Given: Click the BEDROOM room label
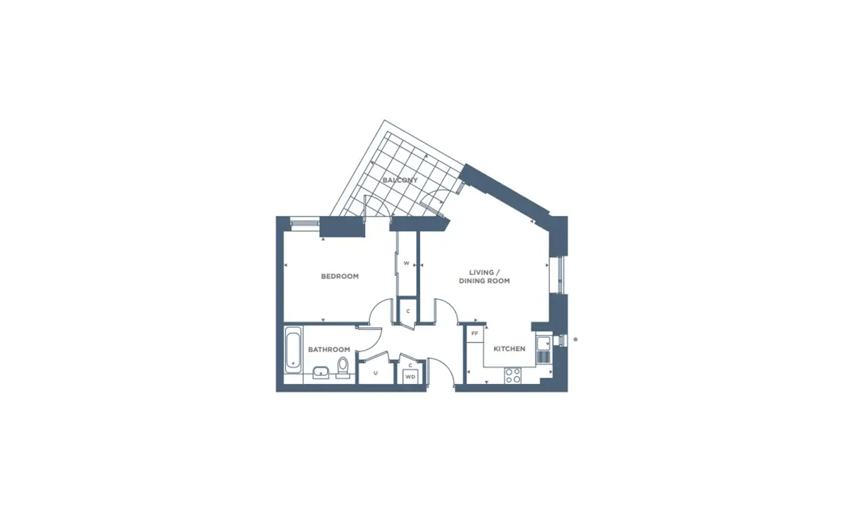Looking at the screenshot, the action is coord(339,276).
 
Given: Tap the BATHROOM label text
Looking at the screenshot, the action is coord(329,350).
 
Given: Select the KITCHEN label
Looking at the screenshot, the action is coord(509,349).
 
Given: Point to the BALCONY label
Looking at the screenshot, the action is coord(400,180).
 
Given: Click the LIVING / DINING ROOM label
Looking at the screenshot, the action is coord(484,277).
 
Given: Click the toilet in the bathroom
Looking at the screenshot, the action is coord(343,367).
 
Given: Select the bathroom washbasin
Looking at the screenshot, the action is coord(321,372).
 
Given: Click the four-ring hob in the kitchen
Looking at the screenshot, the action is coord(513,376).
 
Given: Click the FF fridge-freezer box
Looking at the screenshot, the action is coord(474,334).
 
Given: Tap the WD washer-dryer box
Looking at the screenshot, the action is coord(411,376).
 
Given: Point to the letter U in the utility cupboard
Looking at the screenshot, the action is coord(376,374).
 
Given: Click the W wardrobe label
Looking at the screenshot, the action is coord(406,264).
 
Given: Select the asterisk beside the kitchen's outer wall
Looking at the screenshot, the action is coord(575,340).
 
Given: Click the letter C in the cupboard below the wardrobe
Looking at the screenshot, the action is coord(408,311).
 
